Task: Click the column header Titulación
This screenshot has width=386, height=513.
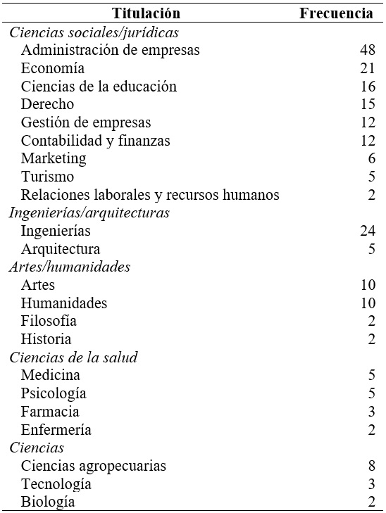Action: tap(147, 13)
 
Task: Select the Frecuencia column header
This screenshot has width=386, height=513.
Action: tap(337, 13)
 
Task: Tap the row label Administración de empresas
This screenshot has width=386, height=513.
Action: tap(110, 50)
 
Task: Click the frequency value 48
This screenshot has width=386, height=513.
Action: tap(367, 50)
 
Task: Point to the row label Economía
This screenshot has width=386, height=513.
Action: tap(53, 68)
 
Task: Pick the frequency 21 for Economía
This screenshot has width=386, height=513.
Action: tap(367, 68)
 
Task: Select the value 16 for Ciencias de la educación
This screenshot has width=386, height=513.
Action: tap(367, 87)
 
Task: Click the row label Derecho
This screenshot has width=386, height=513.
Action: tap(47, 104)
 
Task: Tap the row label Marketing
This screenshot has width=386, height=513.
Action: tap(54, 158)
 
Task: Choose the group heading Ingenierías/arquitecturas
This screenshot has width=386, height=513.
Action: tap(89, 213)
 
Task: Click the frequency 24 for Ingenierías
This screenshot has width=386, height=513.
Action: tap(367, 231)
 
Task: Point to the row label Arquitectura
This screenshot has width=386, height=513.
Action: tap(61, 249)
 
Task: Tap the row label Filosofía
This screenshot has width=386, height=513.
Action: tap(49, 321)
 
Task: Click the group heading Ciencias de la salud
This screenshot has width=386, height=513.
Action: tap(73, 357)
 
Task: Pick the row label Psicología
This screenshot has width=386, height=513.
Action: tap(54, 393)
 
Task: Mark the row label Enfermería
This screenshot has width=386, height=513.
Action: tap(56, 429)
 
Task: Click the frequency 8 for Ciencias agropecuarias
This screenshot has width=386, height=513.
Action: tap(371, 466)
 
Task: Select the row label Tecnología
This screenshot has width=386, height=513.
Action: tap(56, 484)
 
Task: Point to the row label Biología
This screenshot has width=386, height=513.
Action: tap(47, 502)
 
